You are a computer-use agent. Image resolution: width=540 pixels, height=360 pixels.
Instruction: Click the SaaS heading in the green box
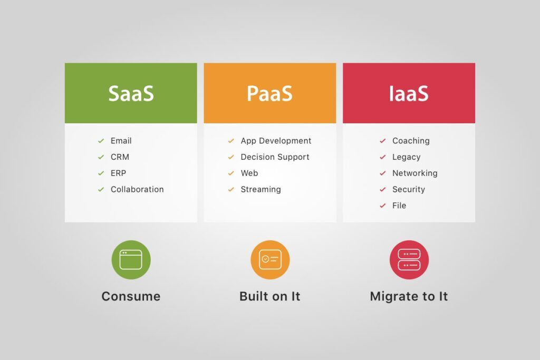click(x=131, y=93)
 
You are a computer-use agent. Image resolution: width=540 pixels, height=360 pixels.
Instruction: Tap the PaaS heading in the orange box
click(x=269, y=93)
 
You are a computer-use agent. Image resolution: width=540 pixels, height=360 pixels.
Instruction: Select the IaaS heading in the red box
click(x=409, y=93)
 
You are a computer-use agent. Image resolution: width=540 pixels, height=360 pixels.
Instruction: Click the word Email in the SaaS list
click(x=121, y=141)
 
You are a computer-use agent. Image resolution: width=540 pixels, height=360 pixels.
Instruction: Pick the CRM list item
click(x=120, y=157)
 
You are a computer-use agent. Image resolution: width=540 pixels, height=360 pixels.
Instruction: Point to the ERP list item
click(x=118, y=173)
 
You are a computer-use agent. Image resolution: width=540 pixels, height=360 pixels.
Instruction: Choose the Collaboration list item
click(x=137, y=189)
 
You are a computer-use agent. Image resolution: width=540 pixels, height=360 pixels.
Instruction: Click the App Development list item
click(x=276, y=141)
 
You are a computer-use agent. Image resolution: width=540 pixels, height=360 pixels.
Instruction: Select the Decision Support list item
click(x=275, y=157)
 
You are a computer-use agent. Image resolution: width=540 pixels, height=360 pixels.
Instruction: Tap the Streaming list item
click(x=261, y=189)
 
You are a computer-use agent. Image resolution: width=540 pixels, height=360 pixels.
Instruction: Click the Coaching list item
click(x=411, y=141)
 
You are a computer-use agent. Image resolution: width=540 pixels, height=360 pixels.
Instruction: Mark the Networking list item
click(x=414, y=173)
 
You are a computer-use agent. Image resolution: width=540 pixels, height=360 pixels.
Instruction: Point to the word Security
click(x=408, y=189)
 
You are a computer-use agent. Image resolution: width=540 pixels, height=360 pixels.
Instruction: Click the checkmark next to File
click(x=383, y=206)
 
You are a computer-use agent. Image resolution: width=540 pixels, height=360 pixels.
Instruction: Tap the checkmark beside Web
click(x=231, y=173)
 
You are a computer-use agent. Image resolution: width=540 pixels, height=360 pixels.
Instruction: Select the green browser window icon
click(x=131, y=260)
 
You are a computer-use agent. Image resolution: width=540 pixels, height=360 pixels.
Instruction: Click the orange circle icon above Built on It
click(x=270, y=260)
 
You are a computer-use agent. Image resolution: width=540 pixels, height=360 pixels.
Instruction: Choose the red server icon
click(x=409, y=260)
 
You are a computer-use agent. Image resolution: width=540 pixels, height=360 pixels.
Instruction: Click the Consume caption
click(x=131, y=296)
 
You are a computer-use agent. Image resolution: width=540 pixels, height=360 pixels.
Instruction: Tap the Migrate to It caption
click(x=409, y=296)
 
